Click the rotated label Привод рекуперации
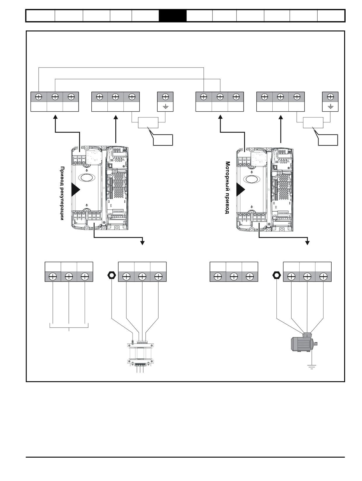tap(62, 193)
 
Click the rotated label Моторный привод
tap(228, 187)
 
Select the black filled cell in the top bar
tap(173, 16)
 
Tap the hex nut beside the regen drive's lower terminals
tap(112, 275)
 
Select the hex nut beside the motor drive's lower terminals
tap(276, 275)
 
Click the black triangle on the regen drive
tap(76, 190)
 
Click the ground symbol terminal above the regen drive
tap(165, 102)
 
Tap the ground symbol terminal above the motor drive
tap(330, 102)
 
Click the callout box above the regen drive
tap(163, 140)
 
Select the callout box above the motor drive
tap(328, 140)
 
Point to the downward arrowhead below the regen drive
tap(142, 243)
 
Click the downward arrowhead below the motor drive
tap(307, 243)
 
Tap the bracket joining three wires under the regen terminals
tap(69, 328)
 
